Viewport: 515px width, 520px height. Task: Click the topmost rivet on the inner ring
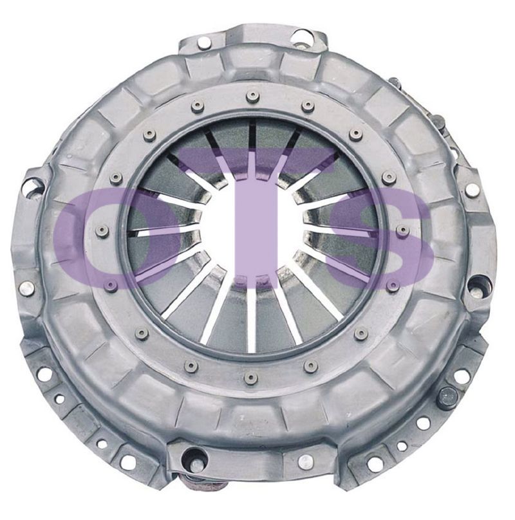252,96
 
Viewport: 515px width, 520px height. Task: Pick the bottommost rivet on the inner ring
251,378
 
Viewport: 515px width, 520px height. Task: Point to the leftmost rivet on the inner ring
104,232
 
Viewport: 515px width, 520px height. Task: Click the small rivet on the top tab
203,42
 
